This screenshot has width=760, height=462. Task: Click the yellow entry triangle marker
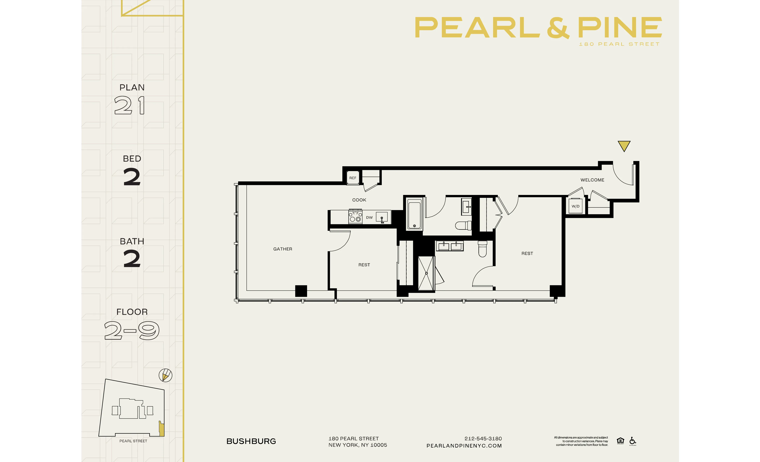(624, 145)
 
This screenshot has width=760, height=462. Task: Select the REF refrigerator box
(352, 178)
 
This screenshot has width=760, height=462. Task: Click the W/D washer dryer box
(575, 206)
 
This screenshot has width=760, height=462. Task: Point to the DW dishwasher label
(369, 217)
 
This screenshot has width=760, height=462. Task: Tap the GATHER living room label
(282, 249)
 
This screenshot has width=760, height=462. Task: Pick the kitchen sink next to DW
(382, 217)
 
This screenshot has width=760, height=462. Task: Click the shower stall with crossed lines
(426, 273)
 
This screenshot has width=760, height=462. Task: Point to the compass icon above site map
(165, 375)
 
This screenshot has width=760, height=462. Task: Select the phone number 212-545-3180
(483, 438)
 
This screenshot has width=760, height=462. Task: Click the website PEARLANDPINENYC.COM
(464, 446)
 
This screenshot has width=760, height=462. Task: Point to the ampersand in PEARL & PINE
(558, 28)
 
